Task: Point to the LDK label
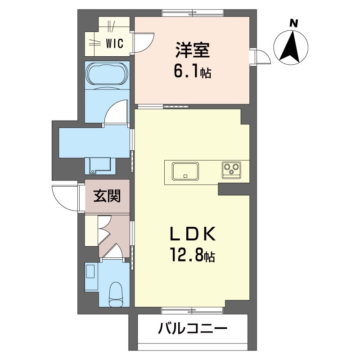[193, 234]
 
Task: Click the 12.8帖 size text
[192, 256]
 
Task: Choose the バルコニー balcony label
[192, 329]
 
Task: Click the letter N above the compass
[293, 22]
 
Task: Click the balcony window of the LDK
[192, 310]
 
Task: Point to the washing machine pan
[100, 165]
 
